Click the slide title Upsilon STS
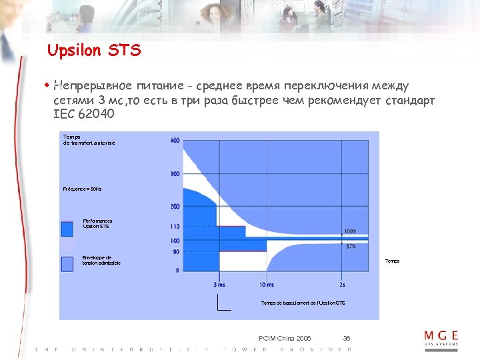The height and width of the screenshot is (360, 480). pos(94,51)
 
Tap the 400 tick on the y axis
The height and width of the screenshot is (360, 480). pos(175,141)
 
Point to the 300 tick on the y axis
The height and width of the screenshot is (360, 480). pos(175,174)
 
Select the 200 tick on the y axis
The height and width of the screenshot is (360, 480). pos(175,207)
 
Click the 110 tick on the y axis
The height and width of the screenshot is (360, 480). pos(175,227)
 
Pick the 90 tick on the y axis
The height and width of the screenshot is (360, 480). pos(176,251)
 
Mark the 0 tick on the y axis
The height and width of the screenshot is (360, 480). pos(177,271)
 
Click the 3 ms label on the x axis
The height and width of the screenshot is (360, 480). pos(219,285)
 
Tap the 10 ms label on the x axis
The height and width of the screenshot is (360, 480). pos(266,285)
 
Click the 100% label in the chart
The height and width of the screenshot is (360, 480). pos(350,231)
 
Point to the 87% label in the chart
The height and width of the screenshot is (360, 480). pos(351,247)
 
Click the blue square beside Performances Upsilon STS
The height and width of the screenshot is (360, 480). pos(67,229)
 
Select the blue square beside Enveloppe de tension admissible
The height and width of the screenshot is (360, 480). pos(67,264)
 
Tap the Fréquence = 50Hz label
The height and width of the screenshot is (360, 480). pos(83,189)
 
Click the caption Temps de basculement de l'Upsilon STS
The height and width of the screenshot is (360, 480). pos(303,303)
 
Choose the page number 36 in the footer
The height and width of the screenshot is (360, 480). pos(347,339)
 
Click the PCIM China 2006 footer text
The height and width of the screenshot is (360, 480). pos(285,339)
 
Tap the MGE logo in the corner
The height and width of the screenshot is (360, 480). pos(441,337)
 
